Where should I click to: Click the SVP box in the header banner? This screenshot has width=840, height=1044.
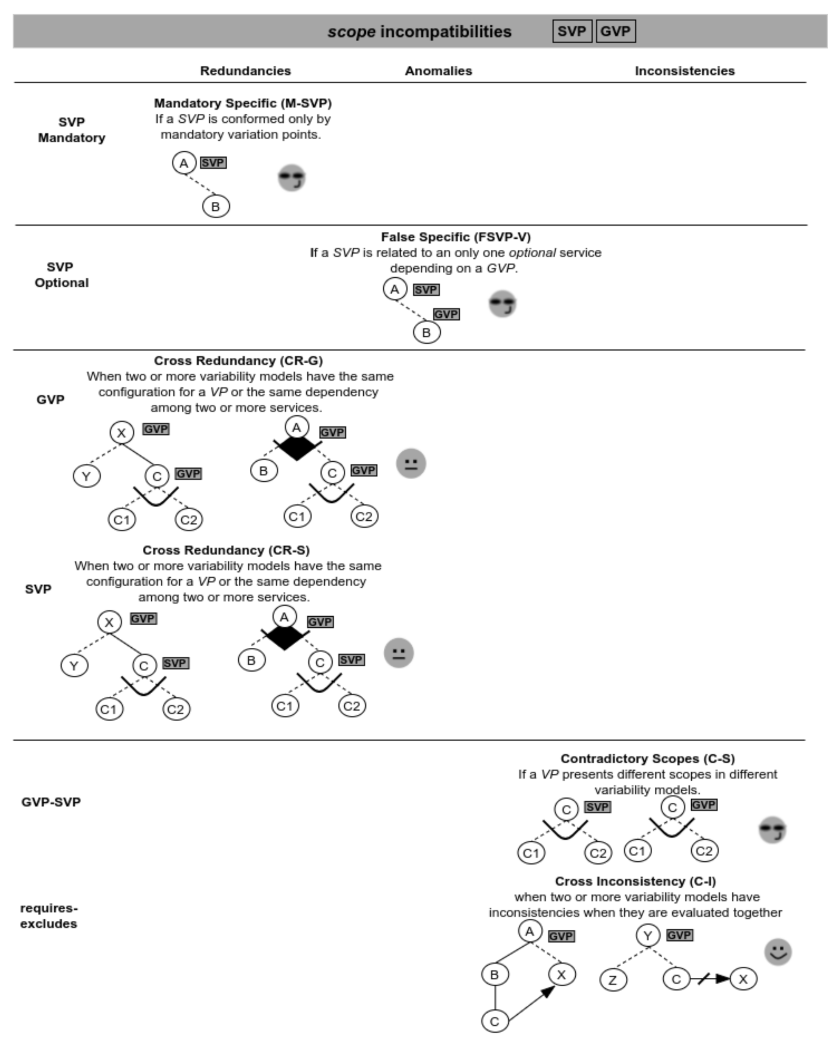[571, 31]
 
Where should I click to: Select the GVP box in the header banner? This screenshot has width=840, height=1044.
[615, 31]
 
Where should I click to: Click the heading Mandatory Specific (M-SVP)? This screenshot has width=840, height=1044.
[243, 103]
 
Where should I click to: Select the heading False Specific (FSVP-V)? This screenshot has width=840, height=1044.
[455, 237]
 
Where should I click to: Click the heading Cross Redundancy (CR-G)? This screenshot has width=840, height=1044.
[238, 361]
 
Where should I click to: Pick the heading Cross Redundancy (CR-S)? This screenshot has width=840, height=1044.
[226, 550]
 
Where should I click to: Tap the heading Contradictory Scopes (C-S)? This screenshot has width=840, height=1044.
[647, 758]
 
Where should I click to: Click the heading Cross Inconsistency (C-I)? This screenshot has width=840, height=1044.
[635, 881]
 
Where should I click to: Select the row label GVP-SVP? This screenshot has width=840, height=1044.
[51, 802]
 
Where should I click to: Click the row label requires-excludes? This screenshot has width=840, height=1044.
[48, 916]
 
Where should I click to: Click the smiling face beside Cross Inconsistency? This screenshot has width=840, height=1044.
[778, 952]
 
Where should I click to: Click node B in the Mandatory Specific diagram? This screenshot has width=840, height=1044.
[215, 207]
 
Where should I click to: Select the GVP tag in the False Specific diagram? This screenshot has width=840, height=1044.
[446, 314]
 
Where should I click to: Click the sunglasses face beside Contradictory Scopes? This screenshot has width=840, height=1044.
[772, 830]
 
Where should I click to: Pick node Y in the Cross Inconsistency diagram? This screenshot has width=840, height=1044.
[648, 936]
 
